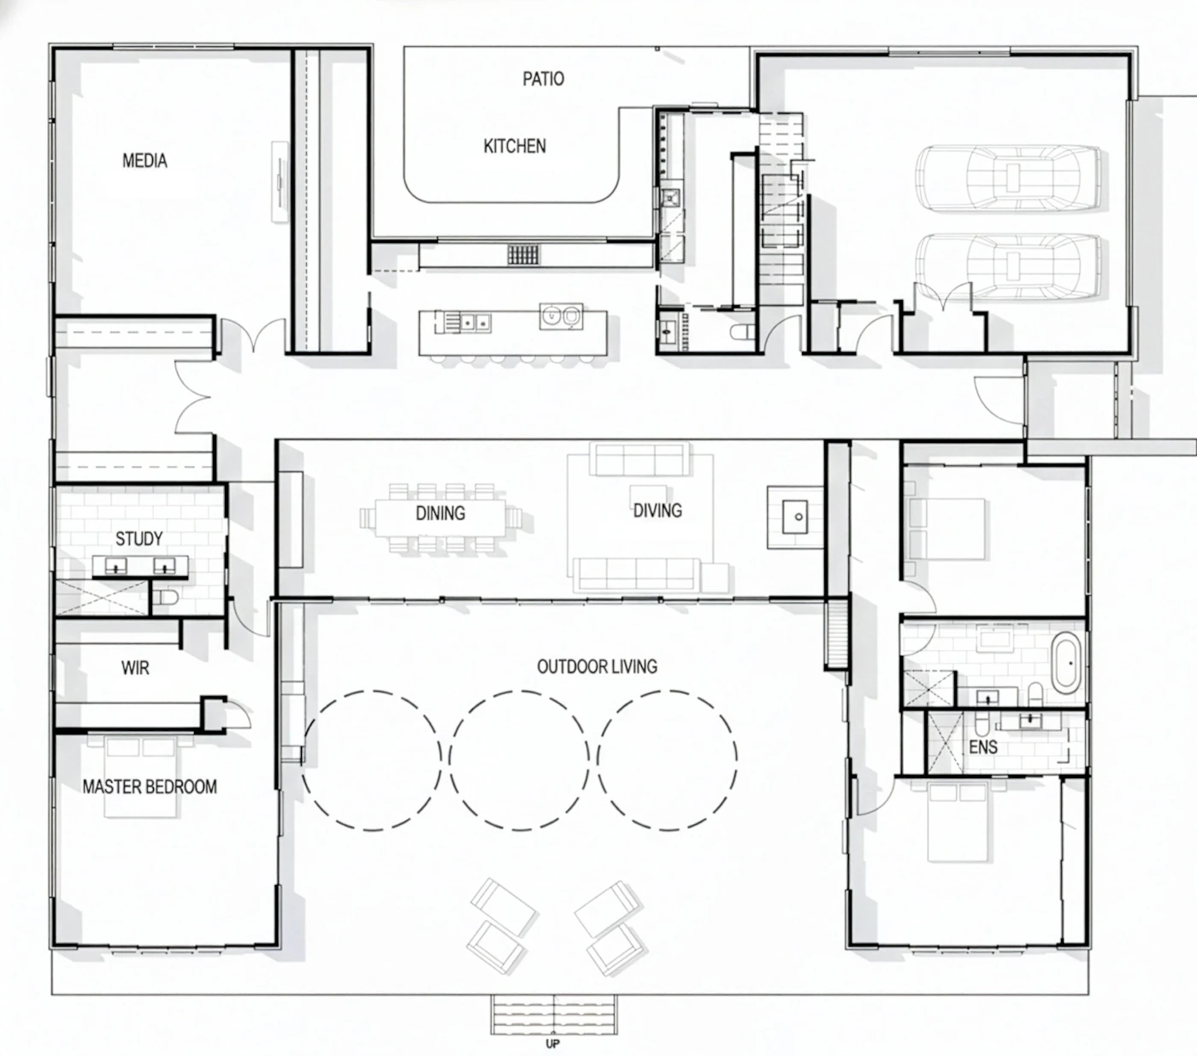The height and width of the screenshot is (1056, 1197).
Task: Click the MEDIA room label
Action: coord(144,160)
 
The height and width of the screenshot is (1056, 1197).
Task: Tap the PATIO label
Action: coord(543,79)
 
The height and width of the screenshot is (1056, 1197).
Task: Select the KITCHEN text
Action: coord(515,146)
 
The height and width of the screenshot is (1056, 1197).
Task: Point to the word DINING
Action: coord(440,513)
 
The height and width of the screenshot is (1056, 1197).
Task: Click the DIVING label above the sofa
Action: coord(657,510)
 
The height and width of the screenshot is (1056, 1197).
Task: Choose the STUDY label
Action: coord(139,539)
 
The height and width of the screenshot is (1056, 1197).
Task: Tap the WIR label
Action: coord(135,668)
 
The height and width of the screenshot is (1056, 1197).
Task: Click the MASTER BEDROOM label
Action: coord(150,787)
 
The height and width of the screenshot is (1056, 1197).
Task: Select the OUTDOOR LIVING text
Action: coord(597,667)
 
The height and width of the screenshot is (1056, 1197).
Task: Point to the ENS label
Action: coord(983,747)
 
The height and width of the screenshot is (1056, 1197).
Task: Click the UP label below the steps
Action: coord(552,1043)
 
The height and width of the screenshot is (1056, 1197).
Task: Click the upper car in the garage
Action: coord(1008,178)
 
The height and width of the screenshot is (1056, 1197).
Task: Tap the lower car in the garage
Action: coord(1008,266)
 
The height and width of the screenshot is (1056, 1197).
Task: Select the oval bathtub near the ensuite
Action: coord(1066,663)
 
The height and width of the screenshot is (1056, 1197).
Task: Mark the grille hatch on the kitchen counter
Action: coord(523,255)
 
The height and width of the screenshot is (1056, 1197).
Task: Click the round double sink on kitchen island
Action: coord(561,316)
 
